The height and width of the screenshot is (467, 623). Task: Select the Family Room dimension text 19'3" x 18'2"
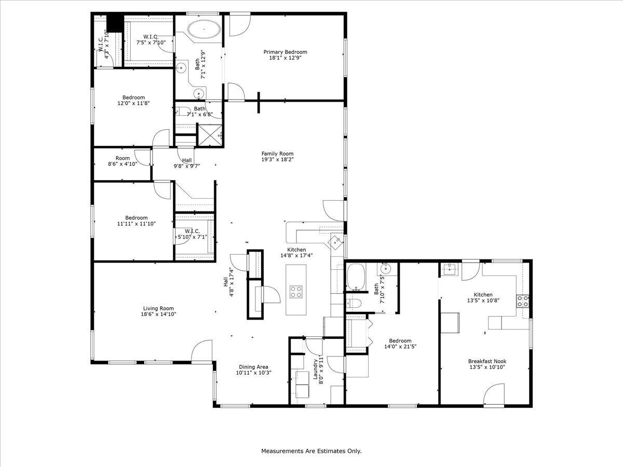(277, 160)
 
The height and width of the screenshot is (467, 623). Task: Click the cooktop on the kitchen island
(296, 292)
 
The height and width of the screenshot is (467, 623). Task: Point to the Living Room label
(158, 308)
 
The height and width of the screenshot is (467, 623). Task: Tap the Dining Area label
(253, 366)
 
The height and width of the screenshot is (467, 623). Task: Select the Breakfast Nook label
(487, 361)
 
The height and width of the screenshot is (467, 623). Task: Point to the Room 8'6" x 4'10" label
(123, 158)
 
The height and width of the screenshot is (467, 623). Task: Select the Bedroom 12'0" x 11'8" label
(133, 98)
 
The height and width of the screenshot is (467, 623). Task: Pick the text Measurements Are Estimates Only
(311, 451)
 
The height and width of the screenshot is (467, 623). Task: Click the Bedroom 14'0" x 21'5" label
(398, 341)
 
